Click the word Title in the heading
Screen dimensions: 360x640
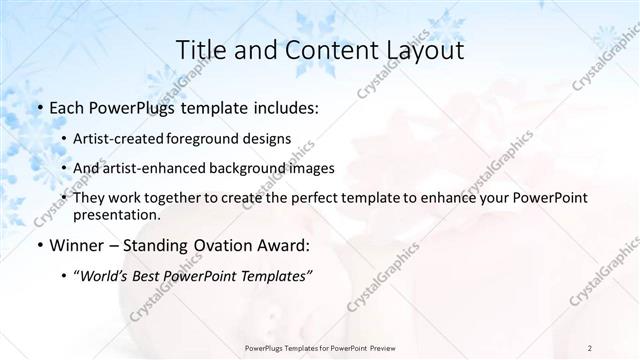[x=198, y=50]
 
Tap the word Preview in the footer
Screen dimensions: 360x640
[x=376, y=347]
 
